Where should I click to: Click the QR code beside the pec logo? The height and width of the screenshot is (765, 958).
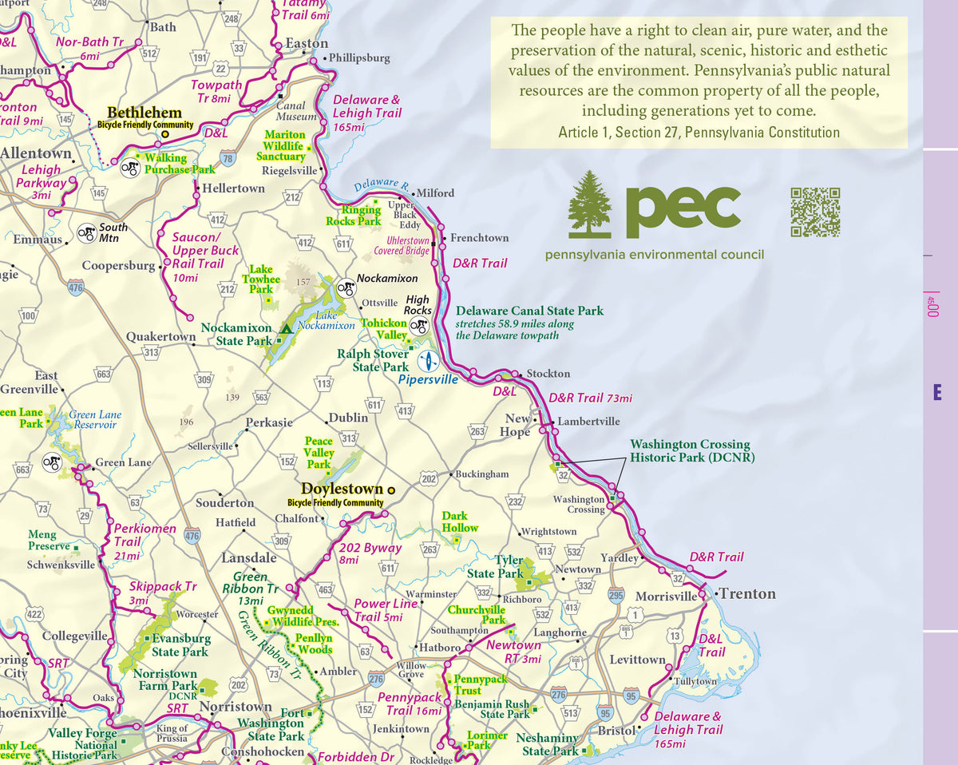[x=815, y=212]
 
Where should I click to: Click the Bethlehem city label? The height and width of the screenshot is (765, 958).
[x=144, y=113]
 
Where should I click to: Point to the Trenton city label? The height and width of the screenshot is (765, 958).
[x=747, y=593]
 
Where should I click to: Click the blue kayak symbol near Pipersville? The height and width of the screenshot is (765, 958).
[x=429, y=361]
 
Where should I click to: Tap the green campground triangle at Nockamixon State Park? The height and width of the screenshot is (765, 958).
[x=286, y=329]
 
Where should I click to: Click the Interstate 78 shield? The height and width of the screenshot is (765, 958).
[x=228, y=158]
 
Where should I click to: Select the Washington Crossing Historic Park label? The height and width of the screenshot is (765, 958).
[x=690, y=451]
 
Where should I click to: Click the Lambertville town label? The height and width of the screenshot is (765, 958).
[x=588, y=421]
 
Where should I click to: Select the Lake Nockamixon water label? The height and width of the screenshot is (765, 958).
[x=326, y=320]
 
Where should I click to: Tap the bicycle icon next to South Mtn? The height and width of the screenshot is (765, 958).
[x=86, y=233]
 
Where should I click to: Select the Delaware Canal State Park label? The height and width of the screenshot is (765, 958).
[x=529, y=311]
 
